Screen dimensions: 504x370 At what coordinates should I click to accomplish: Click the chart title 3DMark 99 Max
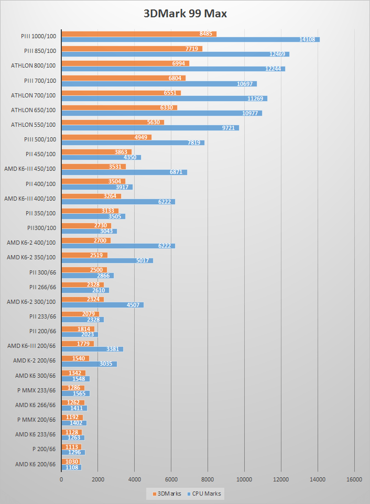pyautogui.click(x=185, y=14)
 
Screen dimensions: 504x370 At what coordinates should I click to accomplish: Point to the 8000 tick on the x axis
pyautogui.click(x=208, y=479)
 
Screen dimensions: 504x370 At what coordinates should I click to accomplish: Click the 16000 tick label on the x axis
pyautogui.click(x=354, y=479)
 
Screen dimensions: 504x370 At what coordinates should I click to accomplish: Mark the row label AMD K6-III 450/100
pyautogui.click(x=29, y=169)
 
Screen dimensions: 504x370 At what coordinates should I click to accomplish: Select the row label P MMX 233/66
pyautogui.click(x=36, y=390)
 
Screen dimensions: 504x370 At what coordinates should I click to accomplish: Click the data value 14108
pyautogui.click(x=307, y=39)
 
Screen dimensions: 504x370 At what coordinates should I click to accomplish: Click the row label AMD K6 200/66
pyautogui.click(x=35, y=464)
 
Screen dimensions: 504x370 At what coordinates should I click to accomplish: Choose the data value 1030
pyautogui.click(x=72, y=462)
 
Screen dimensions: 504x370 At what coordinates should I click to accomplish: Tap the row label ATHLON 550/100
pyautogui.click(x=33, y=125)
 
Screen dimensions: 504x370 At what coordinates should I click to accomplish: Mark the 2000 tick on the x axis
pyautogui.click(x=98, y=479)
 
